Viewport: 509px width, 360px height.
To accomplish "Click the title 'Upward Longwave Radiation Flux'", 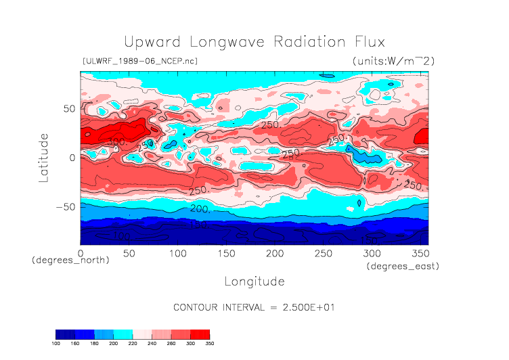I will click(254, 41).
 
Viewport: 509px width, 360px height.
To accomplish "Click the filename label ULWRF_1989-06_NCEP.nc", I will click(139, 61).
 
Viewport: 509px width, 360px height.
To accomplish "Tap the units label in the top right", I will click(393, 61).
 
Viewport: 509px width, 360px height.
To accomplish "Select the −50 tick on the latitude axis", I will click(66, 207).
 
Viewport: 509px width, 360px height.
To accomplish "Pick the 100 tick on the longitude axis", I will click(177, 253).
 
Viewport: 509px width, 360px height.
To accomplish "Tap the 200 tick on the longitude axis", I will click(274, 253).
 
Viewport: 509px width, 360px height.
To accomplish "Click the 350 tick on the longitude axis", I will click(420, 253).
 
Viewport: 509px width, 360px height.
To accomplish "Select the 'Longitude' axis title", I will click(254, 281).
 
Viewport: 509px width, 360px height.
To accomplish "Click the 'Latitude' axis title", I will click(43, 157).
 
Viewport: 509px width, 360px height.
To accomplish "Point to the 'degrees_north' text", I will click(70, 260).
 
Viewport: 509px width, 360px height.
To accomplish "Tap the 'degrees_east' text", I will click(403, 267).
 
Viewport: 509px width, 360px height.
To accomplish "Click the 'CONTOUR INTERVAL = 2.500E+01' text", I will click(255, 307).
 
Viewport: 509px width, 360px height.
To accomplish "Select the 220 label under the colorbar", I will click(132, 344).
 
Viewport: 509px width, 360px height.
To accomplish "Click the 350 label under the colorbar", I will click(209, 344).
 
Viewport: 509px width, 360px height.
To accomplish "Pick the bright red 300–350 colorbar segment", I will click(200, 334).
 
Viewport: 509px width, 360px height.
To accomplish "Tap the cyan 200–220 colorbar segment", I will click(123, 334).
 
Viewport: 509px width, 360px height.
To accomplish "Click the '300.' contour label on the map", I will click(116, 141).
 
